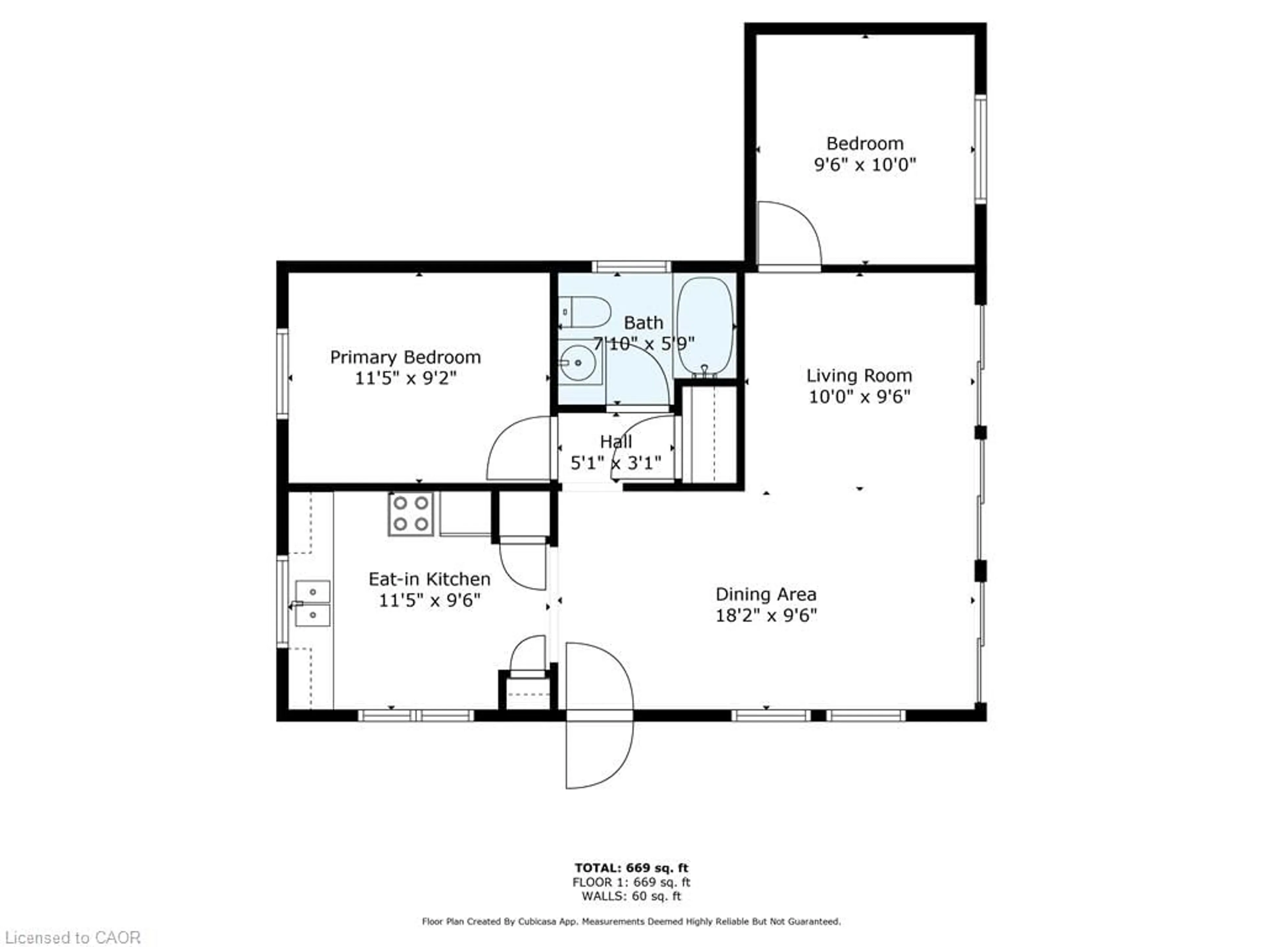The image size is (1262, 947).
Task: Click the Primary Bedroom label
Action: click(405, 357)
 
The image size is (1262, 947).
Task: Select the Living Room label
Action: click(859, 376)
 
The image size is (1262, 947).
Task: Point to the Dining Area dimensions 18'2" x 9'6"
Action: click(766, 615)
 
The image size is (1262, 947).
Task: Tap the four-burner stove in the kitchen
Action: click(411, 514)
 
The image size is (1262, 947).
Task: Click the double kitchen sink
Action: click(312, 604)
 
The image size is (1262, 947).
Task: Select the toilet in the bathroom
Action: click(585, 312)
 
